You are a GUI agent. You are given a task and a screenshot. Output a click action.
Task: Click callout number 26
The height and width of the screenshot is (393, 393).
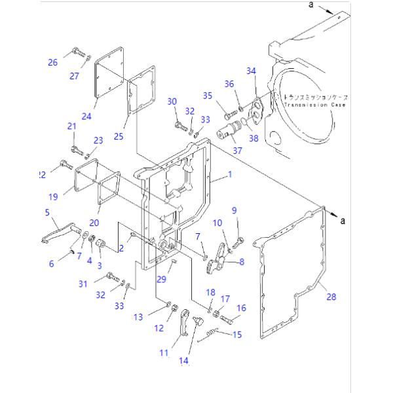(x=52, y=62)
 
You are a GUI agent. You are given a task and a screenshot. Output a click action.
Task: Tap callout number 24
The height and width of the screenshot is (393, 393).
(x=86, y=117)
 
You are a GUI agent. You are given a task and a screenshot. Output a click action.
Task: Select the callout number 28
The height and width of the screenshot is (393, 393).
(x=331, y=297)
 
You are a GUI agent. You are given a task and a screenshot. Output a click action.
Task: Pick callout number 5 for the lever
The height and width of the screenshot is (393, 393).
(x=47, y=212)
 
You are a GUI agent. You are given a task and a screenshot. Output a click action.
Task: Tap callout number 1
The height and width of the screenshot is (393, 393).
(x=230, y=175)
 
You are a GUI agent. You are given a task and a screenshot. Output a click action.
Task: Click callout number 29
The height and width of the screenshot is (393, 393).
(x=161, y=279)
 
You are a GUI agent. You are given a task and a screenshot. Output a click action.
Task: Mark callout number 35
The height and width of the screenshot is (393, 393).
(x=207, y=96)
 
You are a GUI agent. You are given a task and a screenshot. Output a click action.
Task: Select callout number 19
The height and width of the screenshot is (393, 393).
(x=53, y=195)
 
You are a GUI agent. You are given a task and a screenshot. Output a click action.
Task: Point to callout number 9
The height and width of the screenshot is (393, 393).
(x=233, y=210)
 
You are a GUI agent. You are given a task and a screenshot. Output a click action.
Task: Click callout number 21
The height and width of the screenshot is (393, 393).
(x=72, y=126)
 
